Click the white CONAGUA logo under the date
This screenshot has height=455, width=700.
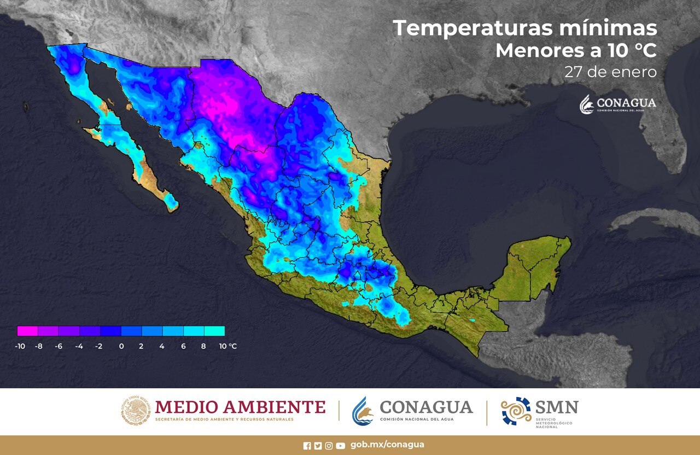(617, 104)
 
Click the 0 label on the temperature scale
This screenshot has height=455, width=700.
(121, 346)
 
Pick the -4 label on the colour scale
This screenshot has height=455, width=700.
(79, 346)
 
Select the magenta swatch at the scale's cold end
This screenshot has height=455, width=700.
(27, 331)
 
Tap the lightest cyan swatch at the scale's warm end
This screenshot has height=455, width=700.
(214, 331)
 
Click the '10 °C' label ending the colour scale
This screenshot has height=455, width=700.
(227, 346)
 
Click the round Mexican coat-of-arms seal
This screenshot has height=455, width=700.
(135, 411)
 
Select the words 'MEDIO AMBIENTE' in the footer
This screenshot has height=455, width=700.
(240, 407)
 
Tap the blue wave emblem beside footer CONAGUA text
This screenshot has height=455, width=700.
(363, 411)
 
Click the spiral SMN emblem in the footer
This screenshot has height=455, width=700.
(516, 411)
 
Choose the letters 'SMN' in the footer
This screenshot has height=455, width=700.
(557, 407)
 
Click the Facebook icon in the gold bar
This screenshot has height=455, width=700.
(307, 446)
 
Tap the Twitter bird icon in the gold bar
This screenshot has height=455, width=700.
(318, 446)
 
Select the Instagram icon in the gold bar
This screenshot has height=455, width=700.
(329, 446)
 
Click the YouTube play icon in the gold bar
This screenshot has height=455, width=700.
(341, 446)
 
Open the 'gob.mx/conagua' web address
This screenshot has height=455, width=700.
(387, 445)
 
